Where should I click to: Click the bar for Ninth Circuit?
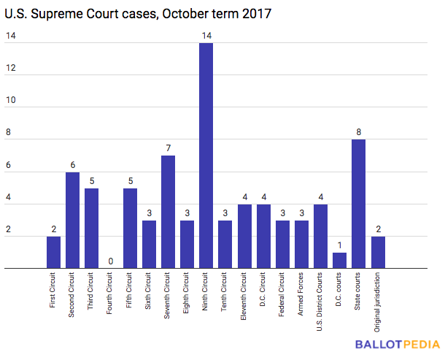[x=206, y=156]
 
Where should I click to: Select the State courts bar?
[x=358, y=204]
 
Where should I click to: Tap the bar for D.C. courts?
[x=339, y=260]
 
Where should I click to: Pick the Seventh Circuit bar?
[x=168, y=212]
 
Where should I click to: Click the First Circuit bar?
[x=54, y=253]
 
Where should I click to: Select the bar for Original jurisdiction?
[x=378, y=253]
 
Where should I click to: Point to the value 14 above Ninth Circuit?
[x=206, y=36]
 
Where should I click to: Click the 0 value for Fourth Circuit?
[x=111, y=261]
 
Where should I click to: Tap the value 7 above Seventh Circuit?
[x=169, y=148]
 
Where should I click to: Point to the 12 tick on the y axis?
[x=11, y=68]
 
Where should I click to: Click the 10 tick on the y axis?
[x=11, y=100]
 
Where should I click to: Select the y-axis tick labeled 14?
[x=11, y=36]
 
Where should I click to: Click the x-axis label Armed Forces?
[x=301, y=294]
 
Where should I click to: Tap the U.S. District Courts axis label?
[x=320, y=302]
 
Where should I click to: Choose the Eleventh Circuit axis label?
[x=243, y=296]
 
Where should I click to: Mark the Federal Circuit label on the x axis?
[x=282, y=294]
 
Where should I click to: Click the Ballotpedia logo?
[x=398, y=345]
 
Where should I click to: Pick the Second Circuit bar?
[x=72, y=221]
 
